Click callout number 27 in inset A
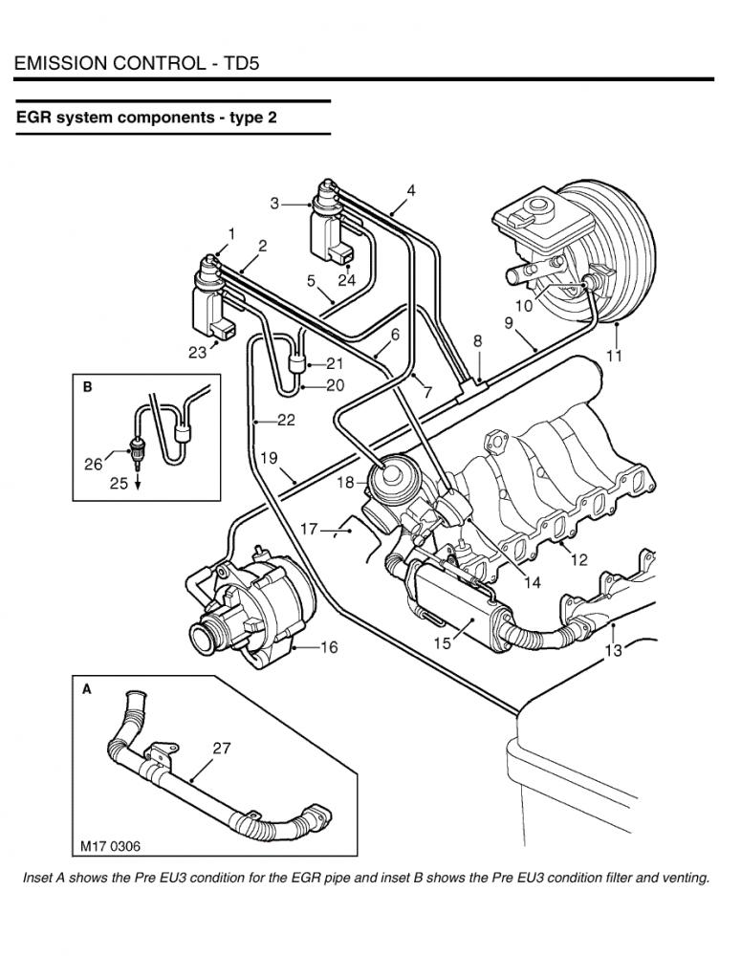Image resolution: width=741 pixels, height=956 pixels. click(222, 748)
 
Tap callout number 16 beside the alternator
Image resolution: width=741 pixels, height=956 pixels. click(329, 647)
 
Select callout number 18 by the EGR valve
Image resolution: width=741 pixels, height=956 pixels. click(345, 482)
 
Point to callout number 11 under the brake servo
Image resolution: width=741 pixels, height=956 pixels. click(614, 355)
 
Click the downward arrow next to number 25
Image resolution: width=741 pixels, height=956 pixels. click(138, 482)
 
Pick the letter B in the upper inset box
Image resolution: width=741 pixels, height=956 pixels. click(87, 386)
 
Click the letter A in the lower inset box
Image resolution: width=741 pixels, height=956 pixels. click(87, 689)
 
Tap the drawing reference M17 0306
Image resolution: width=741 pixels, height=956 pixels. click(110, 846)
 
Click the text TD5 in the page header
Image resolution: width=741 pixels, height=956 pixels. click(243, 63)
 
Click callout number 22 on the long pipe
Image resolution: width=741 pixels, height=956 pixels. click(286, 420)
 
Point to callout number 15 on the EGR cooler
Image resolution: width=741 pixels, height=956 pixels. click(442, 643)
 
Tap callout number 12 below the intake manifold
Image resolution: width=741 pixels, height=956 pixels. click(578, 558)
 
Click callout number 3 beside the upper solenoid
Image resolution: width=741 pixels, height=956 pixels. click(274, 204)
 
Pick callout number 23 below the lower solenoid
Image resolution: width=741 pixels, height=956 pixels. click(197, 353)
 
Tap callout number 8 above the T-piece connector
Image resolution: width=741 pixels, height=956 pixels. click(477, 341)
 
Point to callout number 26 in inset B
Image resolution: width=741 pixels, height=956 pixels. click(94, 464)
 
